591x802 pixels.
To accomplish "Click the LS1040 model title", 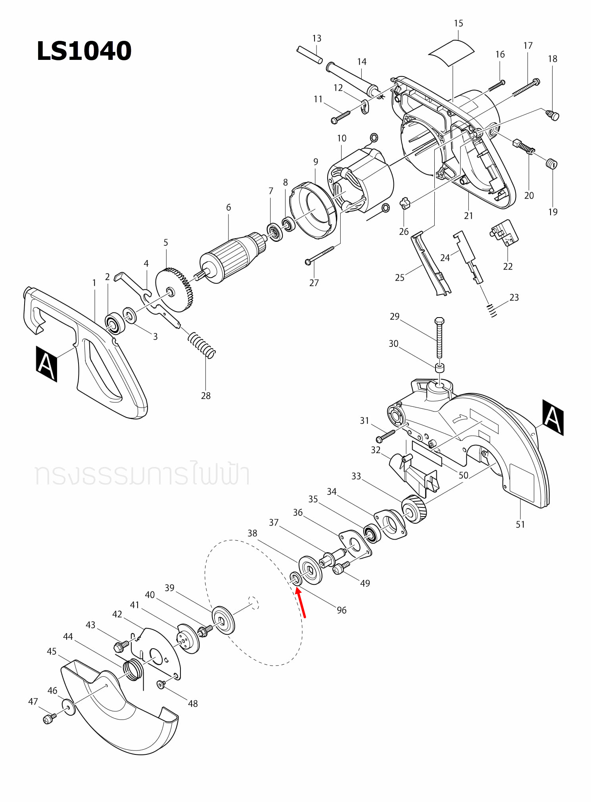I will click(x=84, y=51).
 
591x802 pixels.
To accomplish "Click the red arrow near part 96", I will click(x=301, y=602).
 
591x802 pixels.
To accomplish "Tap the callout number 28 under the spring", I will click(x=205, y=396).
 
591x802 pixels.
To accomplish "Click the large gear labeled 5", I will click(x=175, y=290).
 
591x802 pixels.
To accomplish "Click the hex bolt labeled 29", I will click(x=439, y=337).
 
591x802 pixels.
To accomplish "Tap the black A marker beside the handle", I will click(x=46, y=364).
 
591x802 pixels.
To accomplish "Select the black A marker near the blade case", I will click(x=553, y=417).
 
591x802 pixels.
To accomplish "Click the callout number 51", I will click(x=520, y=524).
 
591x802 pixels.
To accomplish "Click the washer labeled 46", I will click(x=69, y=707).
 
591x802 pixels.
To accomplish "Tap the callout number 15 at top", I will click(x=459, y=23).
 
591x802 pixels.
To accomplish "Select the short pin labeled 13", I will click(x=309, y=55).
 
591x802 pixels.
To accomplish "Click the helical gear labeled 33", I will click(x=414, y=509).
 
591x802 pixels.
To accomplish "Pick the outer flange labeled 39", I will click(x=223, y=620).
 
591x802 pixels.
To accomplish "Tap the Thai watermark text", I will click(x=142, y=474).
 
